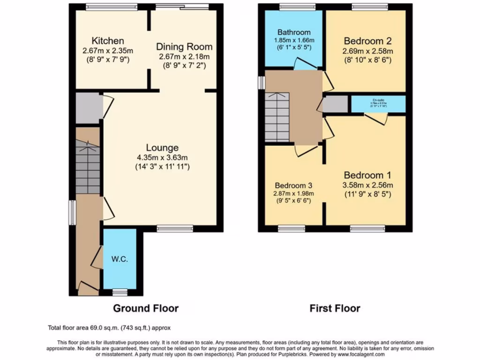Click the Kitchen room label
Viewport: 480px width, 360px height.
[108, 40]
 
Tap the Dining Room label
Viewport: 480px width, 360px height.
[184, 47]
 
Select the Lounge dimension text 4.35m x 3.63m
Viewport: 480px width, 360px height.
[161, 157]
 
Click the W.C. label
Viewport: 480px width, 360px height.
[120, 259]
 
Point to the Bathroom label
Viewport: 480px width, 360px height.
[293, 32]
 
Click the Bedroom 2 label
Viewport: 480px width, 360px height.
[367, 40]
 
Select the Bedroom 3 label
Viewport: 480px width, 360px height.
[293, 185]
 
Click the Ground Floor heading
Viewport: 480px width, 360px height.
[146, 308]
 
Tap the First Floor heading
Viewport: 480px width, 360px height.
[335, 308]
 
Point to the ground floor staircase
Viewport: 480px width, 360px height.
[88, 169]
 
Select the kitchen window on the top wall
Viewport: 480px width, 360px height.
[112, 7]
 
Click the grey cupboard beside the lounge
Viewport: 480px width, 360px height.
[88, 108]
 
